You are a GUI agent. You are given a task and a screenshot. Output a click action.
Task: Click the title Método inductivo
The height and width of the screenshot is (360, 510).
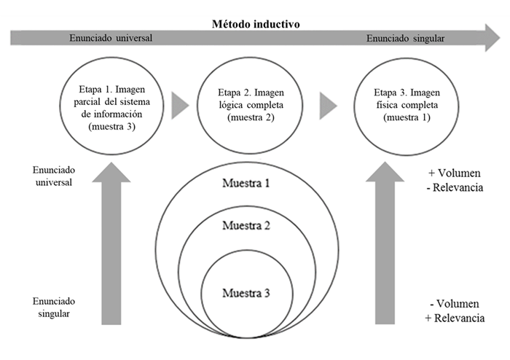pos(255,23)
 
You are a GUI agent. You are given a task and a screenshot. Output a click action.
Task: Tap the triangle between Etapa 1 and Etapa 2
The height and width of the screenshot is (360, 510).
pos(179,106)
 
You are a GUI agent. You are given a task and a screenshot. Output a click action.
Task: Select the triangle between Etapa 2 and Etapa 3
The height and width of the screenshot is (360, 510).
pos(328,106)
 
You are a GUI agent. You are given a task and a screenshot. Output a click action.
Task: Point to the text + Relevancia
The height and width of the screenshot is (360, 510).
pos(456,318)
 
